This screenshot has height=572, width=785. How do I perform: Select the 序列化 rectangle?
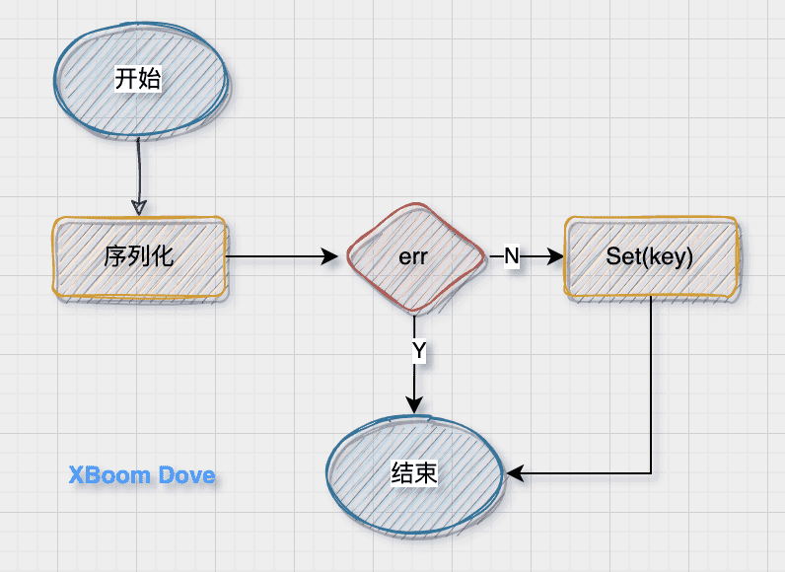click(x=139, y=256)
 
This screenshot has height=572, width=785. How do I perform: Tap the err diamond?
click(x=414, y=257)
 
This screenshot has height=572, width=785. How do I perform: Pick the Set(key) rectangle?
click(x=650, y=256)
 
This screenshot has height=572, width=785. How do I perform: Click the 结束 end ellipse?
click(x=413, y=474)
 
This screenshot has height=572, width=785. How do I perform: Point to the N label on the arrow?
click(x=511, y=256)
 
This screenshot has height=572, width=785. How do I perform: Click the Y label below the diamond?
click(x=418, y=350)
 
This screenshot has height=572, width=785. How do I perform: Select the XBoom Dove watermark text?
click(x=142, y=476)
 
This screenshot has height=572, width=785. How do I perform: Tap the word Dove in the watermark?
click(x=184, y=476)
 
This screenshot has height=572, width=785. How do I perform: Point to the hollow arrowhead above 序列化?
click(x=139, y=208)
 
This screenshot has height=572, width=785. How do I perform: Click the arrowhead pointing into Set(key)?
click(x=555, y=256)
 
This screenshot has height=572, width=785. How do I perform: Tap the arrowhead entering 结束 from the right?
click(x=515, y=474)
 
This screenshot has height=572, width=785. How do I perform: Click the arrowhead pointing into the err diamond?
click(x=330, y=257)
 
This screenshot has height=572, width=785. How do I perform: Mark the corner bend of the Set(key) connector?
click(x=651, y=474)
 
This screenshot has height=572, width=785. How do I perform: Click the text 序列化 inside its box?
click(x=139, y=256)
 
